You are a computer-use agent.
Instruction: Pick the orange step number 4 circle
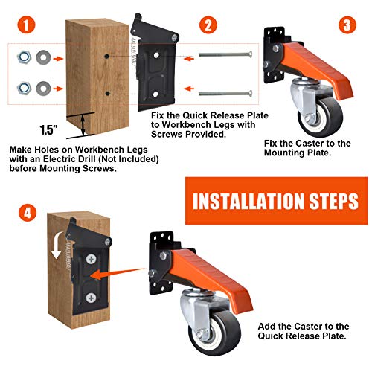27,213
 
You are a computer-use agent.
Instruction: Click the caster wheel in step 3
319,118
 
